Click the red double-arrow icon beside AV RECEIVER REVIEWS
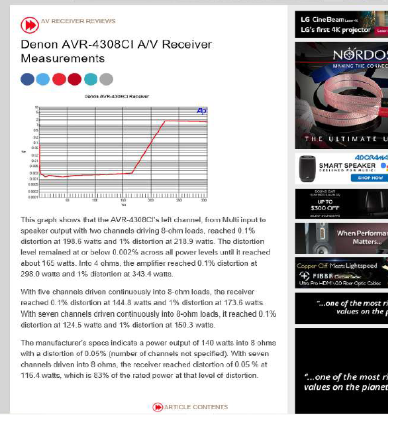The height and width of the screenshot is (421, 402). coord(29,25)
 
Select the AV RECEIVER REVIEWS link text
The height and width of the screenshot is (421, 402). coord(78,21)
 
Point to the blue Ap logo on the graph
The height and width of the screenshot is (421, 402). coord(201,111)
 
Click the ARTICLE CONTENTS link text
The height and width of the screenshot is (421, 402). coord(195,407)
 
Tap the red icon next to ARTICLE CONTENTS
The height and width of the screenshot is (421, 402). coord(158,407)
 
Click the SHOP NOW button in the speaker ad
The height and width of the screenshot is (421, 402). coord(370,178)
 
